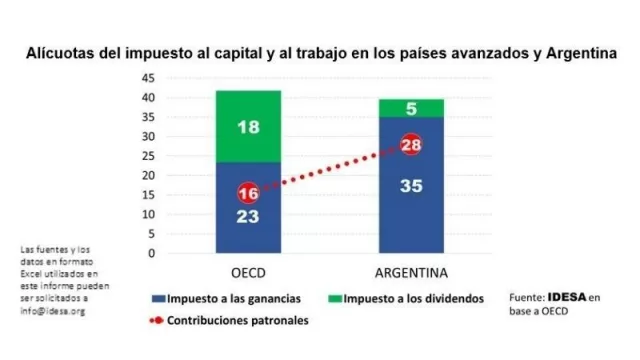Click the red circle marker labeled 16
click(x=248, y=193)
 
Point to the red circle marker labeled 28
click(x=409, y=146)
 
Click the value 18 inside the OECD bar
click(x=248, y=127)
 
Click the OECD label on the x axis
click(x=248, y=272)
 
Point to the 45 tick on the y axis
click(x=148, y=78)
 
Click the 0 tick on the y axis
click(x=152, y=253)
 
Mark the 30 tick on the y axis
click(x=148, y=136)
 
